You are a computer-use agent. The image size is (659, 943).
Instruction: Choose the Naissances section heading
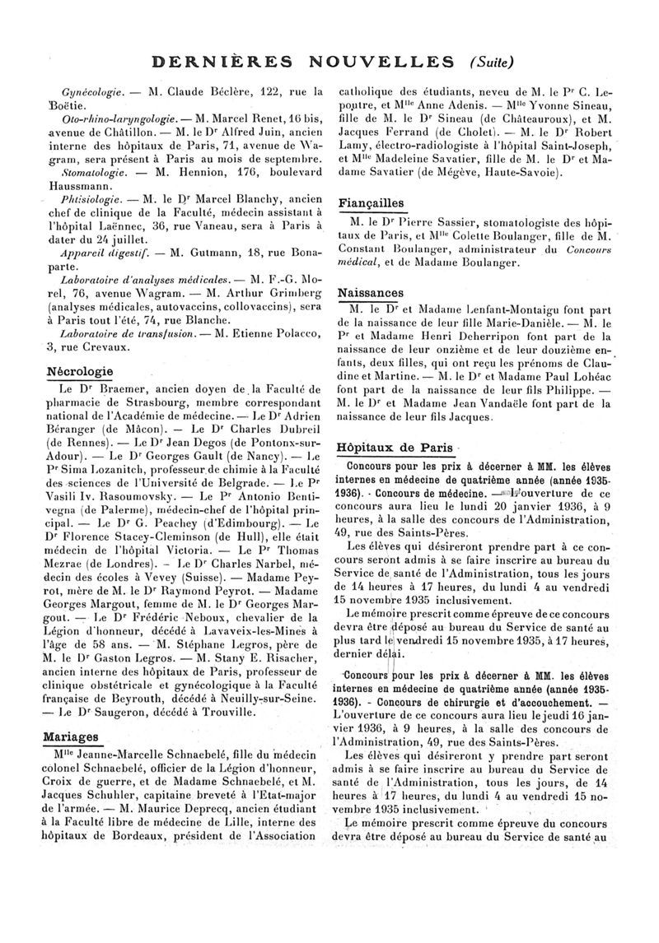point(371,292)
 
